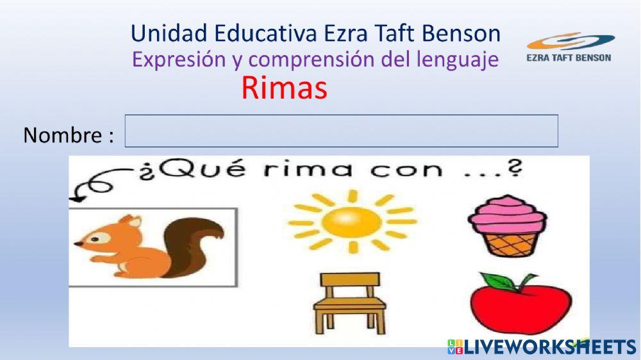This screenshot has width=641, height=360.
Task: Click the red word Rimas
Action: pos(284,88)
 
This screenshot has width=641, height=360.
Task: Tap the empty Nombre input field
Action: pos(341,131)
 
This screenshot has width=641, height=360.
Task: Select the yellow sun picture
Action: pos(351,221)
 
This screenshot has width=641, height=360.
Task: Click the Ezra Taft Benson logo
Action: pos(569,48)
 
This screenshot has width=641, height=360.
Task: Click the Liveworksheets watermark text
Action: pos(549,347)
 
